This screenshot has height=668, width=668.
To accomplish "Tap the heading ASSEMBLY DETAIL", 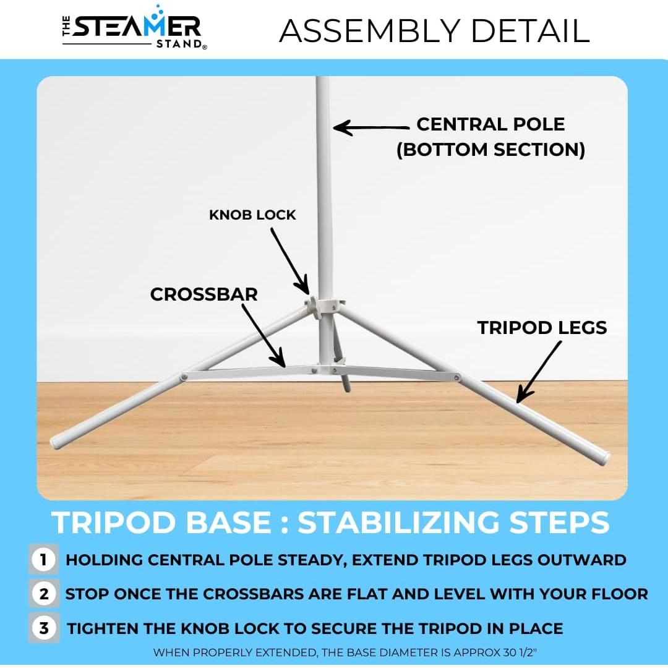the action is [435, 31].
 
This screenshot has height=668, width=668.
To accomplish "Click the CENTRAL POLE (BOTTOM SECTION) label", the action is [490, 137].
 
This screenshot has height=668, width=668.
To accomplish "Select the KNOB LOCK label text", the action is [252, 215].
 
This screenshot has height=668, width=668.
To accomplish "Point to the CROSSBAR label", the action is [203, 294].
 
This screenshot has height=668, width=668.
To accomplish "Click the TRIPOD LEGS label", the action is [542, 328].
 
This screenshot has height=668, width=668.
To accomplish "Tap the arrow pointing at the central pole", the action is [370, 127].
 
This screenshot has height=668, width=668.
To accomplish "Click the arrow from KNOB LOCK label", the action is [289, 261].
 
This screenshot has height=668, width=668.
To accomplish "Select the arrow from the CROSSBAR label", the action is [263, 335].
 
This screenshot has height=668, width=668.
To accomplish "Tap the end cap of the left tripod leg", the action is [56, 442].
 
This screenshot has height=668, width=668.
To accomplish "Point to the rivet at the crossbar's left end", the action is [184, 377].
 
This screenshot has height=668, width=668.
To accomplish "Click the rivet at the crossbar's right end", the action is [457, 377].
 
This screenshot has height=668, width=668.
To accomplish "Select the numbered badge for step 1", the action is [43, 559].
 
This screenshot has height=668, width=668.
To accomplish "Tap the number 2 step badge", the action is [43, 593].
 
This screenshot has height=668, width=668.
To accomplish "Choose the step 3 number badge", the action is [43, 628].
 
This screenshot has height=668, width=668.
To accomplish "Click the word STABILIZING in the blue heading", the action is [398, 522].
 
